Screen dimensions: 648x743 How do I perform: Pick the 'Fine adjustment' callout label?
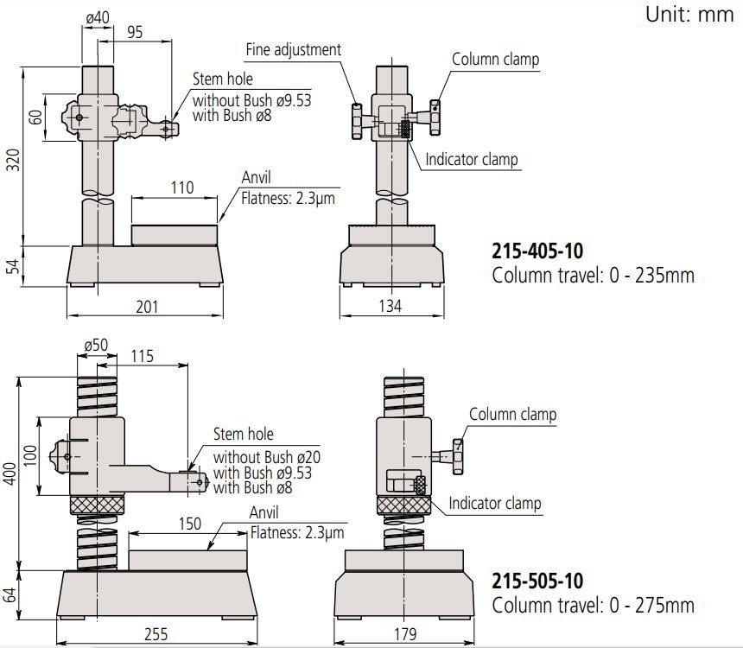pos(293,49)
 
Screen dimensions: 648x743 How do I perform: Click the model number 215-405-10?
pos(537,251)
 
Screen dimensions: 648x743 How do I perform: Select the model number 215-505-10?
pos(537,581)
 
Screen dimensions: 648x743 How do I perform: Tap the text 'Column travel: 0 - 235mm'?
pos(593,276)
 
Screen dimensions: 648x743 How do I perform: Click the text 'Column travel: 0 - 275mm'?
pos(593,606)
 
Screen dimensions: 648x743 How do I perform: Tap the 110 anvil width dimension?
pos(182,187)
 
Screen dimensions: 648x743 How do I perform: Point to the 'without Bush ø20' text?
pos(266,456)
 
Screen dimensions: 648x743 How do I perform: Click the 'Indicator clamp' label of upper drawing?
pos(472,160)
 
